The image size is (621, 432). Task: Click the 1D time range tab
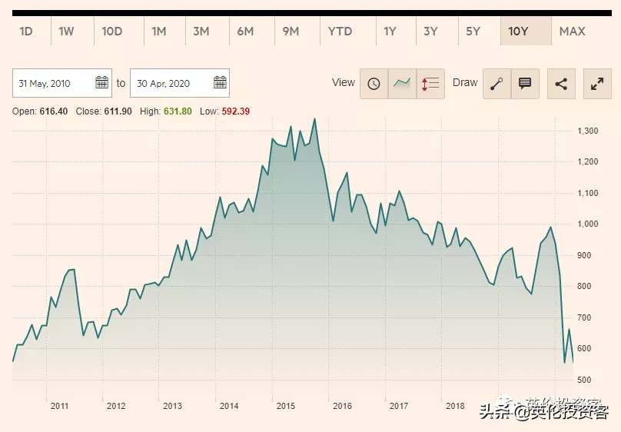pos(26,31)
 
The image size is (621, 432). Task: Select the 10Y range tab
pos(519,31)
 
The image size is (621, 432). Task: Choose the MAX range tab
pos(573,31)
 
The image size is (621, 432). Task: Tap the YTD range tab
pos(340,31)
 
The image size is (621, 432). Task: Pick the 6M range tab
pos(245,31)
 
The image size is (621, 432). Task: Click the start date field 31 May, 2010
pos(54,83)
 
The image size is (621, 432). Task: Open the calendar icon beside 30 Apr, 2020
pos(220,83)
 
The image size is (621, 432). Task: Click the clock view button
pos(374,84)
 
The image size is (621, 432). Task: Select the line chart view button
pos(402,84)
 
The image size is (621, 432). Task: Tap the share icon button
pos(561,84)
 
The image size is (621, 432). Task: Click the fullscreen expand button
pos(597,84)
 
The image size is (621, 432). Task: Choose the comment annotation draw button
pos(525,84)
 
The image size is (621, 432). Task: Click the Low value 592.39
pos(235,111)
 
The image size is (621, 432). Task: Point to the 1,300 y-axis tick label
pos(587,131)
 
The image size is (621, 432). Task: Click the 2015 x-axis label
pos(286,406)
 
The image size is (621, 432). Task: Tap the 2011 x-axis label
pos(59,406)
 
